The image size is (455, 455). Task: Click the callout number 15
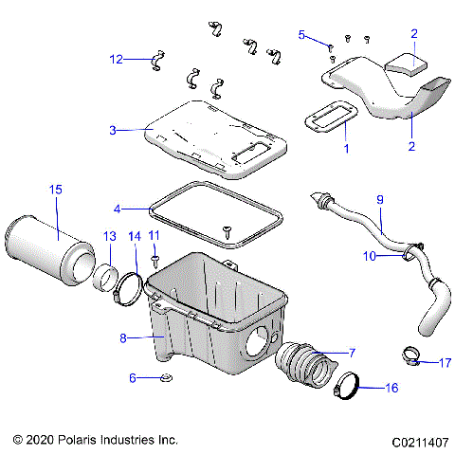(55, 191)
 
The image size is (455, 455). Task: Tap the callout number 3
(112, 130)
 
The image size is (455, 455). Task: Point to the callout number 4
(117, 208)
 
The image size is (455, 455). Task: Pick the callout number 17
(444, 361)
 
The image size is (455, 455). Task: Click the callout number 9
(380, 200)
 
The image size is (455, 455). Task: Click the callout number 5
(302, 35)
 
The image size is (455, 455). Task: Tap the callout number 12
(116, 59)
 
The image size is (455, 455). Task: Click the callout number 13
(109, 235)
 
